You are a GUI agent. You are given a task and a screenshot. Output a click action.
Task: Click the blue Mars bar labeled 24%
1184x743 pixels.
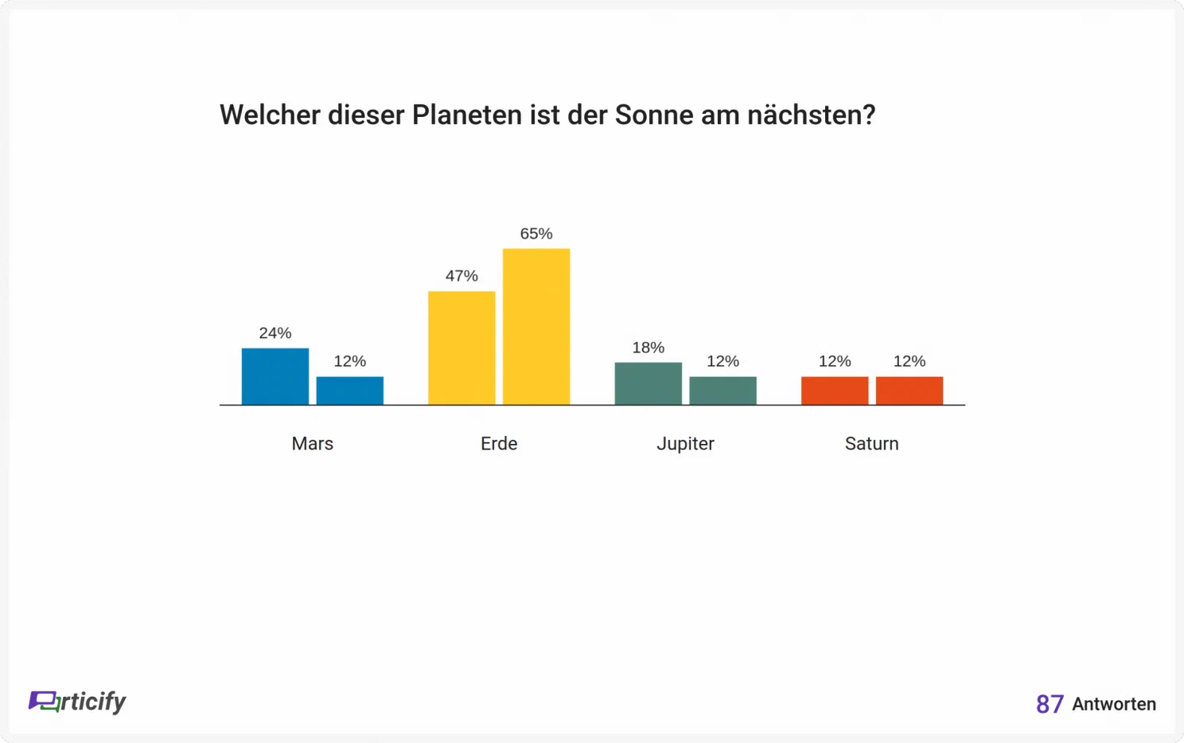275,376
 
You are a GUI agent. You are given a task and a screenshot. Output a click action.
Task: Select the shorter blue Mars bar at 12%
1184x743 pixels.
350,391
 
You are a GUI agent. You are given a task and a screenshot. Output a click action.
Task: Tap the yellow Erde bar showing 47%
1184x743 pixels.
462,348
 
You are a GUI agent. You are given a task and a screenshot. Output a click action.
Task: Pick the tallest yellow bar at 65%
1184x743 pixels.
536,327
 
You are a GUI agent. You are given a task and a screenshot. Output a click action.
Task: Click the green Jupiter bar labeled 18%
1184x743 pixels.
648,383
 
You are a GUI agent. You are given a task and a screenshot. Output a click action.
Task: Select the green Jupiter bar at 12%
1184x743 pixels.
722,391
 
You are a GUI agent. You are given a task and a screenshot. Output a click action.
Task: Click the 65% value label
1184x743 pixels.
536,234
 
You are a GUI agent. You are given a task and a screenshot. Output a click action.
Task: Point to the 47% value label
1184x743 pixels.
462,276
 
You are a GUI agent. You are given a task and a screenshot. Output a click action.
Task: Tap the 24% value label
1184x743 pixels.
275,333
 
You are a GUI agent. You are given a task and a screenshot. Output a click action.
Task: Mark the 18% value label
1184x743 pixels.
648,348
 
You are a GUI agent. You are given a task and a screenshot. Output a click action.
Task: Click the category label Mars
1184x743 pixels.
313,443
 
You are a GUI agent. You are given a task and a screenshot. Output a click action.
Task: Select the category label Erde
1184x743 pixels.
498,443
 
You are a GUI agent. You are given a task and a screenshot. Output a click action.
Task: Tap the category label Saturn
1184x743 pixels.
871,443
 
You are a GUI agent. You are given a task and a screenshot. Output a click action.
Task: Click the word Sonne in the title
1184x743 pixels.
654,115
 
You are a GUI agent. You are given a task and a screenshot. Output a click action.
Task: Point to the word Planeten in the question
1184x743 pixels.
467,115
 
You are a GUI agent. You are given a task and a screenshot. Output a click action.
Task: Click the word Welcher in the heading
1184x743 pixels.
270,115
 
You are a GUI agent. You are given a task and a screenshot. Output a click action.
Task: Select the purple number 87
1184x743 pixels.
1050,704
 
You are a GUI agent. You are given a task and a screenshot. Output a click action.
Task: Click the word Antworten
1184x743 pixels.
1114,704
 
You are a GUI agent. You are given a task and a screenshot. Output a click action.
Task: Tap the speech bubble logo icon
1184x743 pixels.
44,702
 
